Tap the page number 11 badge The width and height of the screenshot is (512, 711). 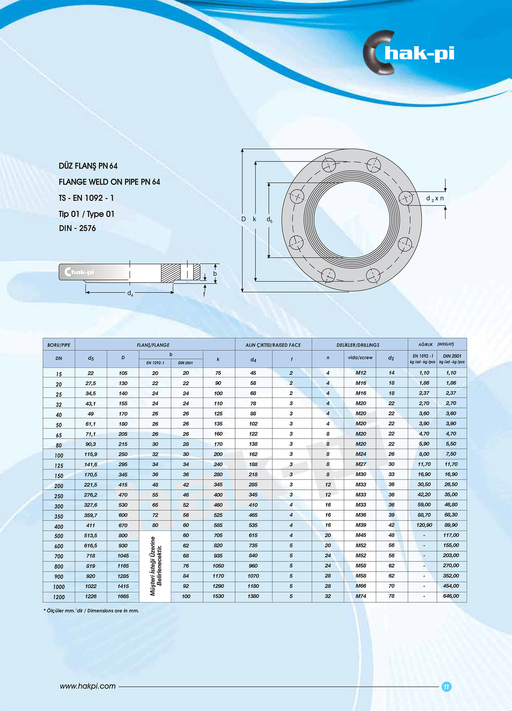pyautogui.click(x=446, y=686)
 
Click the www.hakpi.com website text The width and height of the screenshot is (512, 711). pyautogui.click(x=88, y=686)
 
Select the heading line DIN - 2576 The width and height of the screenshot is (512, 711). pyautogui.click(x=77, y=228)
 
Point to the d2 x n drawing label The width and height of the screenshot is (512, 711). pyautogui.click(x=435, y=198)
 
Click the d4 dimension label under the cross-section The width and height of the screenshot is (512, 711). pyautogui.click(x=130, y=293)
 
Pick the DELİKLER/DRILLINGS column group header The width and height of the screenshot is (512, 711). pyautogui.click(x=358, y=345)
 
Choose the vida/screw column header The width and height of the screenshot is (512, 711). pyautogui.click(x=360, y=358)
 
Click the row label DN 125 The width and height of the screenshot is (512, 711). pyautogui.click(x=59, y=466)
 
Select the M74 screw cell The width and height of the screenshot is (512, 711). pyautogui.click(x=361, y=596)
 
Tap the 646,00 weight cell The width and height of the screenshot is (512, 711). pyautogui.click(x=451, y=596)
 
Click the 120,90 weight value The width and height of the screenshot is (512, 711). pyautogui.click(x=424, y=525)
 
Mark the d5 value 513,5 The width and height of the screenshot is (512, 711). pyautogui.click(x=90, y=535)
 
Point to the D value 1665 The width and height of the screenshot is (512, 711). pyautogui.click(x=123, y=596)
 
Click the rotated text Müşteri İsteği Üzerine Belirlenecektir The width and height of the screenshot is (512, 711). pyautogui.click(x=156, y=566)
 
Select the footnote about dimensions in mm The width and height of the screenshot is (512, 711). pyautogui.click(x=91, y=610)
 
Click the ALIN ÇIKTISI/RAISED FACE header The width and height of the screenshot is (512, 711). pyautogui.click(x=273, y=345)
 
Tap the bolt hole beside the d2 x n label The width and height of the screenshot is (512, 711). pyautogui.click(x=406, y=198)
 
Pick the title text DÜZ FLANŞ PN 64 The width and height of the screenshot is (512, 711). pyautogui.click(x=88, y=166)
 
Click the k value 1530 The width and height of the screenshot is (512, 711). pyautogui.click(x=218, y=596)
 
